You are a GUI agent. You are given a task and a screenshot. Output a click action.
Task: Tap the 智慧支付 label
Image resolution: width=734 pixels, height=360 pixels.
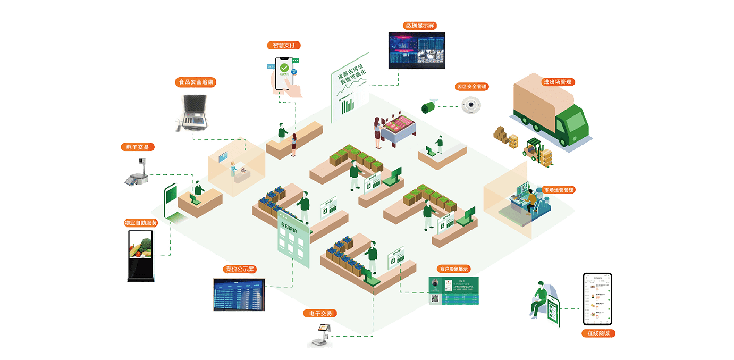(283, 45)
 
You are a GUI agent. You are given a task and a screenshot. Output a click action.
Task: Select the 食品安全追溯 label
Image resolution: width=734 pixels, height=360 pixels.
(196, 82)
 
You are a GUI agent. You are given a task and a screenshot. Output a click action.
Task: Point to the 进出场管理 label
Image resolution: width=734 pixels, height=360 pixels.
(557, 82)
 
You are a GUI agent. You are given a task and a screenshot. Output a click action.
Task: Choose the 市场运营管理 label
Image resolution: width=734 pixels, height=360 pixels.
(558, 190)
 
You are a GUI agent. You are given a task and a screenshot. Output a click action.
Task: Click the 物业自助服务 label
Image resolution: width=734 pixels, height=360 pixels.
(141, 223)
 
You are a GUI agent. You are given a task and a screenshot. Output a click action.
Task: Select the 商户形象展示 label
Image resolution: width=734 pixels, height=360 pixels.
(454, 269)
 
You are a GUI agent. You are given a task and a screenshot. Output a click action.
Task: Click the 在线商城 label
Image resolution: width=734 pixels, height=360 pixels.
(598, 333)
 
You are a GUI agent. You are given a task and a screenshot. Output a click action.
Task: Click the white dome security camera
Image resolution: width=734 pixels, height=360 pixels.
(470, 105)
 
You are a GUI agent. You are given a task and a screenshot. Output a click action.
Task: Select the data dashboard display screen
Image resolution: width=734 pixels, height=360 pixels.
(416, 51)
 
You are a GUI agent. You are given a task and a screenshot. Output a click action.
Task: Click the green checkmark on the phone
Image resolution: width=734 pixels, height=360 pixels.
(285, 68)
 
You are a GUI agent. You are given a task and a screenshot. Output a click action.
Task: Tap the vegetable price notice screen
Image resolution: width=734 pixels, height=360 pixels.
(239, 294)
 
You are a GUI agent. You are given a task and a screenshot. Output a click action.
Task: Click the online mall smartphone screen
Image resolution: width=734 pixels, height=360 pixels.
(597, 299)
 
